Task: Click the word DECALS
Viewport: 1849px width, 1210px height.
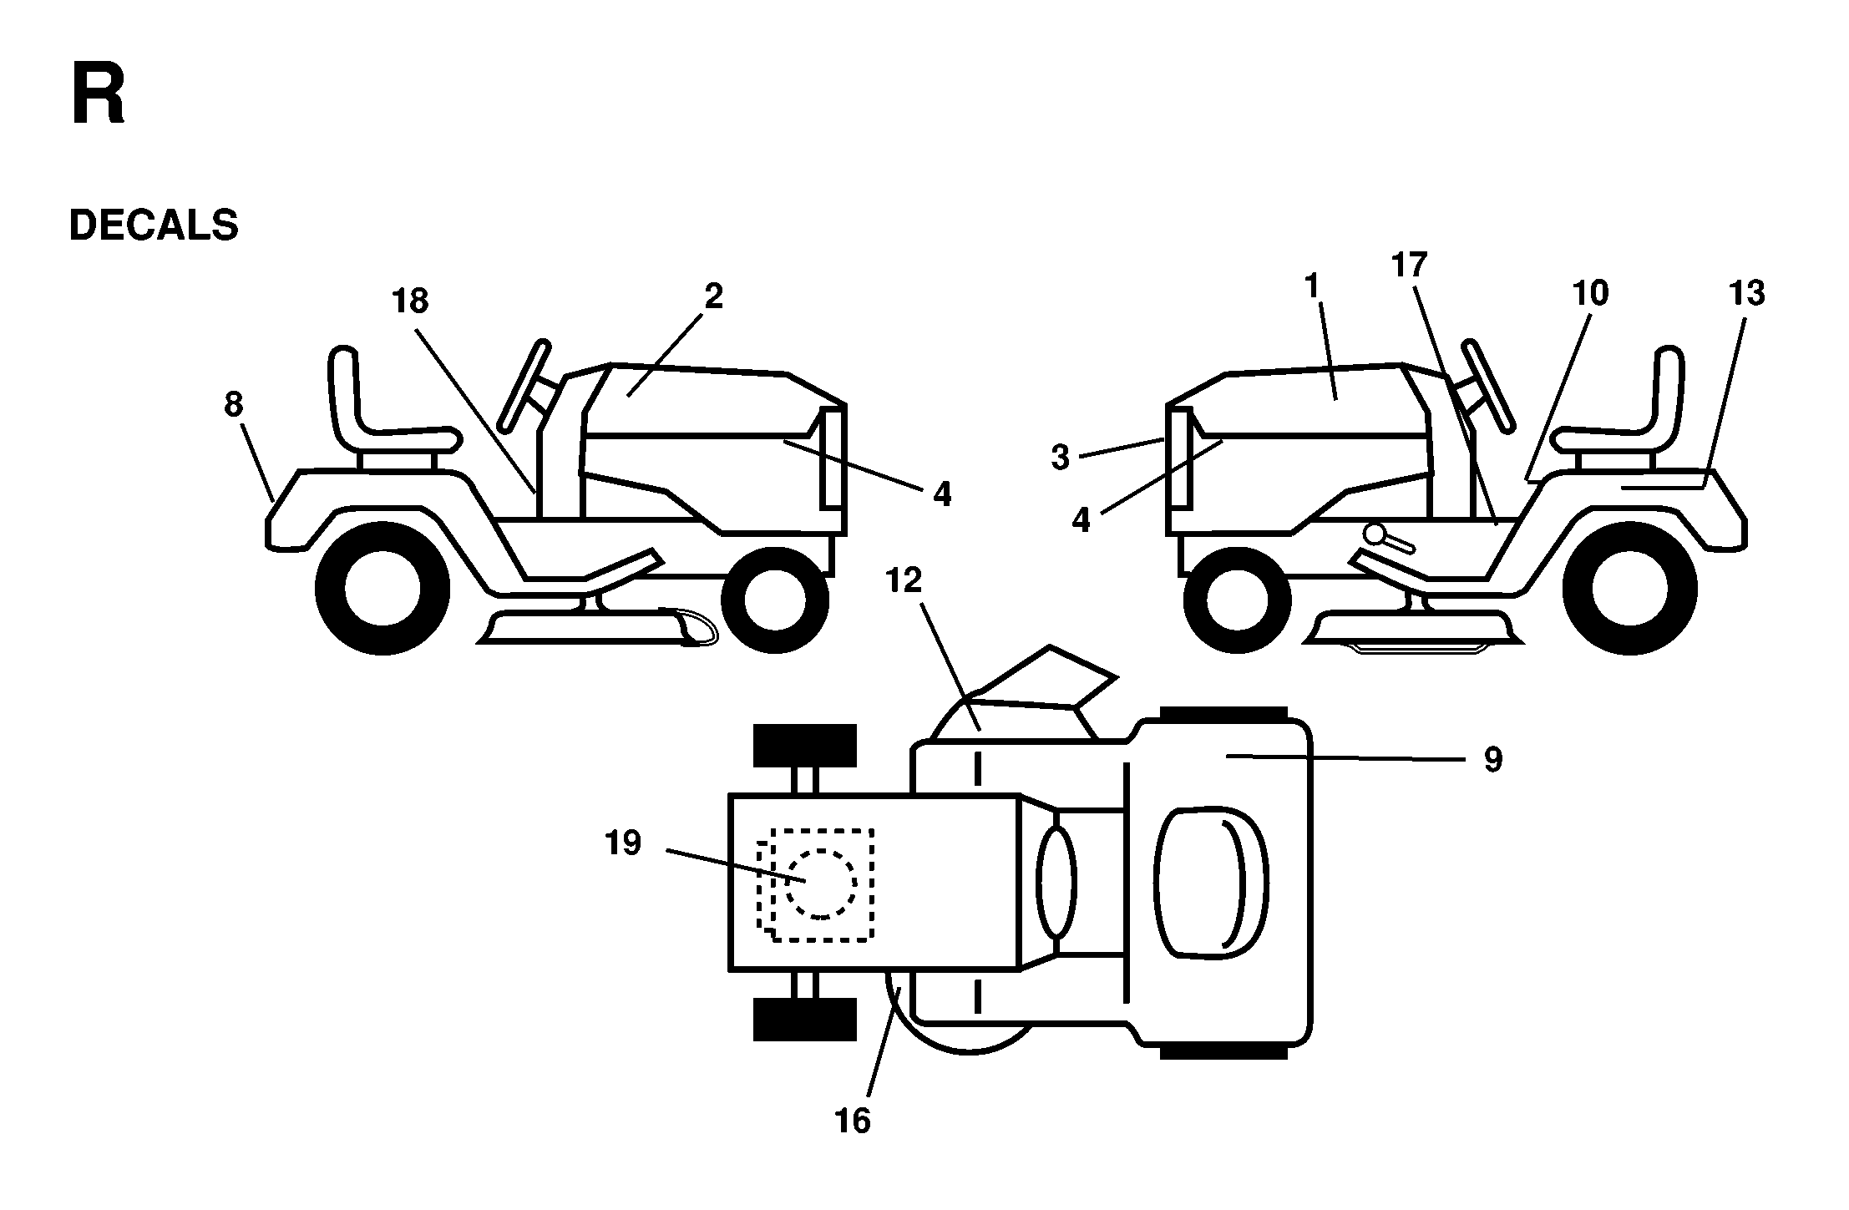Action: click(x=154, y=225)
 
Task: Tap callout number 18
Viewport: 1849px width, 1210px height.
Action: click(x=410, y=301)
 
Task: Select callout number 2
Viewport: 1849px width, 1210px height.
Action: click(x=713, y=296)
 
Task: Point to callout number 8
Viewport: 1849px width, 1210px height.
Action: click(x=234, y=405)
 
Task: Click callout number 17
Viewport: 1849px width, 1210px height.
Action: click(x=1409, y=266)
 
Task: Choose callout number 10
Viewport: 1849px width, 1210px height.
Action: click(x=1590, y=293)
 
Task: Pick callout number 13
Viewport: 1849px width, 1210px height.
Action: click(x=1747, y=293)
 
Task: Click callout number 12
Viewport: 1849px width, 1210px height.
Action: click(x=903, y=580)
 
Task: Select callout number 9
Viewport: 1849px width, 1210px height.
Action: click(x=1493, y=760)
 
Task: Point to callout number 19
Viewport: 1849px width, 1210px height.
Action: click(x=623, y=843)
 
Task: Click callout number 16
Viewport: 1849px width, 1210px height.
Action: click(x=853, y=1121)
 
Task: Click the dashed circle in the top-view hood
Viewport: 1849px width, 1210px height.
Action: click(x=821, y=884)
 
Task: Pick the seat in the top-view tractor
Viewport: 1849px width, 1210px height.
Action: click(x=1211, y=879)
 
